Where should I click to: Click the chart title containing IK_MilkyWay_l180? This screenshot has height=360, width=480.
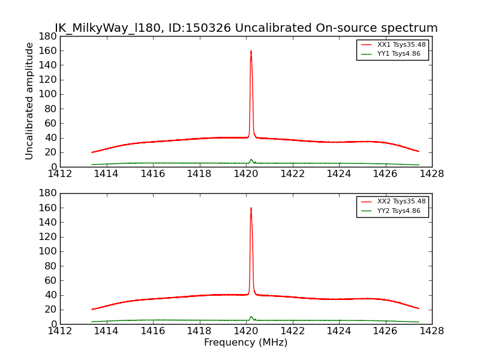pyautogui.click(x=246, y=28)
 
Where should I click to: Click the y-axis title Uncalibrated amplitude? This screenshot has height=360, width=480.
pyautogui.click(x=29, y=101)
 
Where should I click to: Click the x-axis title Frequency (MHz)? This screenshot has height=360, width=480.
pyautogui.click(x=245, y=343)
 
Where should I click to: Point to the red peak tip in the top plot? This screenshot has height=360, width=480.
pyautogui.click(x=251, y=51)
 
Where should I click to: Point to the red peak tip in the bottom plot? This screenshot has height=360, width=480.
pyautogui.click(x=251, y=208)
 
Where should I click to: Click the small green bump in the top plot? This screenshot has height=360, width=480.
pyautogui.click(x=251, y=160)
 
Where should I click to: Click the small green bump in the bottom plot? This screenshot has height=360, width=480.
pyautogui.click(x=251, y=317)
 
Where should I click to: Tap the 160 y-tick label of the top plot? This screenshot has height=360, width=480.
pyautogui.click(x=48, y=50)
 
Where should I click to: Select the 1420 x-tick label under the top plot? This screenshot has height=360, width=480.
pyautogui.click(x=245, y=174)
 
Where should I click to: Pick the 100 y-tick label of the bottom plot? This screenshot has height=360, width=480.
pyautogui.click(x=48, y=251)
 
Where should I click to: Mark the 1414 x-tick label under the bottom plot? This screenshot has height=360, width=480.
pyautogui.click(x=106, y=331)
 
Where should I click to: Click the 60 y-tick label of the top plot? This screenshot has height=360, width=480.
pyautogui.click(x=50, y=123)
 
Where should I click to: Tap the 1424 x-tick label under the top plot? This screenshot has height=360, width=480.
pyautogui.click(x=338, y=174)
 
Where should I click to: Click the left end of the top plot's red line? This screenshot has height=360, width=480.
pyautogui.click(x=92, y=152)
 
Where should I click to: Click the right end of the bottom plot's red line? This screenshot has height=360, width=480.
pyautogui.click(x=419, y=308)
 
